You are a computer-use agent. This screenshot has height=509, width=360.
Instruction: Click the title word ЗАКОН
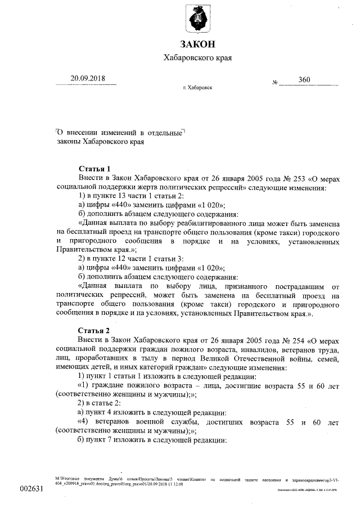click(x=197, y=44)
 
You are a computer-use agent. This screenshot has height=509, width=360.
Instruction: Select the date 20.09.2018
click(x=88, y=79)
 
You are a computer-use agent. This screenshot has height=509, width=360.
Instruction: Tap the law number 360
click(x=304, y=80)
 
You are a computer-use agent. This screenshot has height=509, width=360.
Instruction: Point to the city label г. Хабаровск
click(x=197, y=88)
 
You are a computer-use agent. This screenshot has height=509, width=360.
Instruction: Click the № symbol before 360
click(x=276, y=82)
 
